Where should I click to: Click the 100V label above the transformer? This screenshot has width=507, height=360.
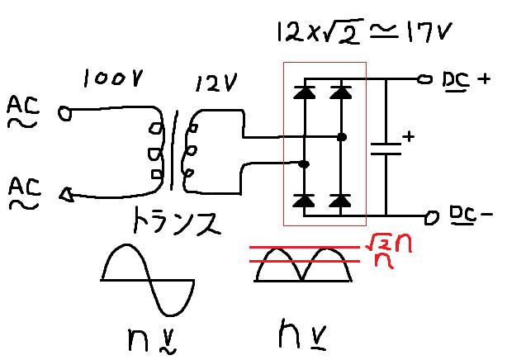coord(114,80)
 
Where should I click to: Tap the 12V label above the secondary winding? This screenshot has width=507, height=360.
coord(216,83)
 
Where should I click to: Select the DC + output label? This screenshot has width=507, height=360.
coord(466,79)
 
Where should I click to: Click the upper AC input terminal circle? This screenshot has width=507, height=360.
coord(64,112)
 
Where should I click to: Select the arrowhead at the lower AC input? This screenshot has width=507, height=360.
coord(65,195)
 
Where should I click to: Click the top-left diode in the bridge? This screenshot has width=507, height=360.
coord(305,92)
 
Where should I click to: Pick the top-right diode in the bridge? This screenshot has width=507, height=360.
coord(340,92)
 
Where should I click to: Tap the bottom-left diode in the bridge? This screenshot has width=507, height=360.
coord(305,200)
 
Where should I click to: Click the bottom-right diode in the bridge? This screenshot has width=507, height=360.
coord(340,200)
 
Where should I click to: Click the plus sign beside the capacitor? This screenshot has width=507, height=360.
coord(406,134)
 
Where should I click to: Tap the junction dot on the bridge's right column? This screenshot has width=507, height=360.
coord(341,135)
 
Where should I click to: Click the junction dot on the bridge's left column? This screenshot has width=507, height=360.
coord(305,164)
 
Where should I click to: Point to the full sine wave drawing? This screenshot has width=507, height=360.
coord(149,277)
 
